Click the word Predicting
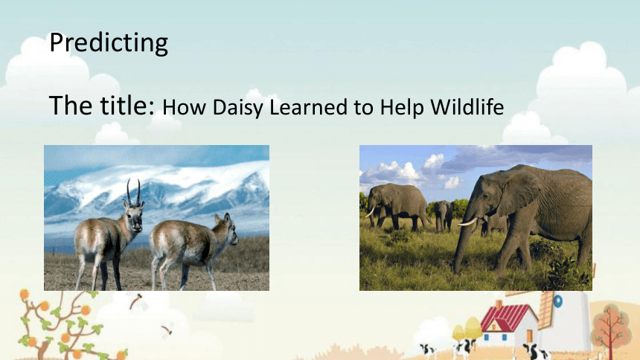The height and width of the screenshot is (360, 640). pyautogui.click(x=109, y=42)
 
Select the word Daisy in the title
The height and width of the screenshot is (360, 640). pyautogui.click(x=238, y=108)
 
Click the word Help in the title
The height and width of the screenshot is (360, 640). pyautogui.click(x=403, y=108)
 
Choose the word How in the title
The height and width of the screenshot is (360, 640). pyautogui.click(x=185, y=107)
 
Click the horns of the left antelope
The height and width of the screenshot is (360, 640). pyautogui.click(x=133, y=192)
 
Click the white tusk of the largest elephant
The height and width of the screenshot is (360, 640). pyautogui.click(x=467, y=222)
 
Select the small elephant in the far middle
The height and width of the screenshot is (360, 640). pyautogui.click(x=443, y=215)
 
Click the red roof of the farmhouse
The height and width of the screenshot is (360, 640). pyautogui.click(x=504, y=318)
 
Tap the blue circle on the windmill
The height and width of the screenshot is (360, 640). pyautogui.click(x=558, y=302)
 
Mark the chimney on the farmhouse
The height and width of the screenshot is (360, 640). pyautogui.click(x=499, y=306)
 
